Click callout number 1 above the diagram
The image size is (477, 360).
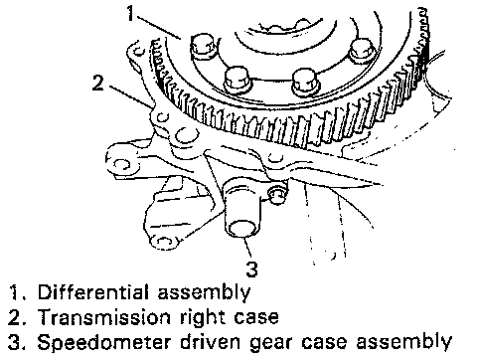coord(131,14)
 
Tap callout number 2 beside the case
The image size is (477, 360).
coord(97,83)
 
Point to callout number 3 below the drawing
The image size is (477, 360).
coord(251,270)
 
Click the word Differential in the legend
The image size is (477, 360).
coord(92,292)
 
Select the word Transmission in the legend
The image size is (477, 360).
coord(103,317)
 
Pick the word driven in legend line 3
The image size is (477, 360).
coord(210,342)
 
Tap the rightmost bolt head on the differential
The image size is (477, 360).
coord(363,50)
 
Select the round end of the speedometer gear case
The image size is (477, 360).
coord(242,229)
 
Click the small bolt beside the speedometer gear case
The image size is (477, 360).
coord(277,195)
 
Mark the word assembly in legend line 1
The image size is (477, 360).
coord(204,293)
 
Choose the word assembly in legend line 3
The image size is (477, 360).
coord(404,343)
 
